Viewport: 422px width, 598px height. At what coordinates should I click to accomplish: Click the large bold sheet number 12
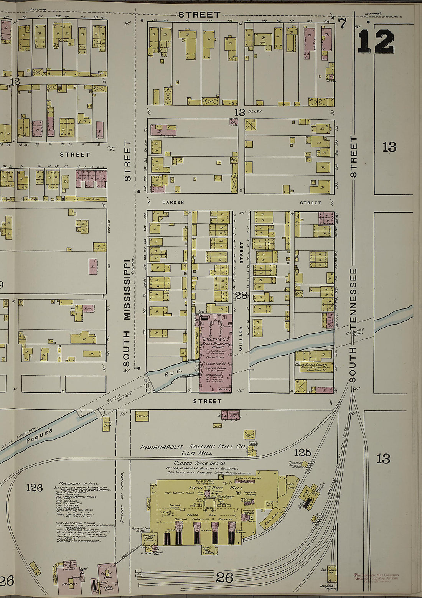click(376, 41)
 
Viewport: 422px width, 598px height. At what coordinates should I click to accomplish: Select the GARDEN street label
click(173, 203)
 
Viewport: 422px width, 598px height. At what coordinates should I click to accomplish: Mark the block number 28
click(241, 295)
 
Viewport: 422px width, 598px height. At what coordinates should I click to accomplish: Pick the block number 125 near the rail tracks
click(302, 452)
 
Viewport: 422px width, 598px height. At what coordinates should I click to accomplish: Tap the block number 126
click(34, 488)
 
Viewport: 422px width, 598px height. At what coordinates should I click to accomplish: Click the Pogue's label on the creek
click(40, 437)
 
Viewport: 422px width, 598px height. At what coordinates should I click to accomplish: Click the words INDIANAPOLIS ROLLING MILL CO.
click(192, 447)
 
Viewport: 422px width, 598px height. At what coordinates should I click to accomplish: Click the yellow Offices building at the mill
click(142, 416)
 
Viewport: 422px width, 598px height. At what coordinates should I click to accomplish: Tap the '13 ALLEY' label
click(247, 112)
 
